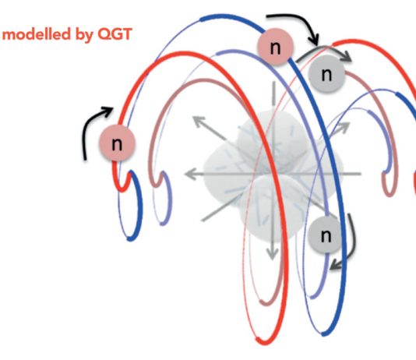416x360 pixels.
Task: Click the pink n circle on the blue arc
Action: coord(275,47)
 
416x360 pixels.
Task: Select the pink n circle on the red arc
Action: coord(117,143)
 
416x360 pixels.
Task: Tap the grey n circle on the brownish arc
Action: coord(326,74)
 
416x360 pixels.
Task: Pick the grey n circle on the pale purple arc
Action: coord(326,235)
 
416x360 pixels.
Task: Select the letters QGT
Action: coord(115,34)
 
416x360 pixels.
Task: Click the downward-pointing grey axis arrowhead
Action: coord(272,254)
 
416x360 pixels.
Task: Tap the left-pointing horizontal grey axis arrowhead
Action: coord(190,174)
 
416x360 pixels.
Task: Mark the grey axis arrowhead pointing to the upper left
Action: coord(198,122)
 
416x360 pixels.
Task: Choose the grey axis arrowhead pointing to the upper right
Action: coord(344,127)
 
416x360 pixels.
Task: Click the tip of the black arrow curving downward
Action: coord(316,44)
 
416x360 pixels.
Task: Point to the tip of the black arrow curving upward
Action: coord(113,108)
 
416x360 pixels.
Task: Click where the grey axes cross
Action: coord(273,174)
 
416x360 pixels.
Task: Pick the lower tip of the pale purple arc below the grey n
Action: coord(312,297)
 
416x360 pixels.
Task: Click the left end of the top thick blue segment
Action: coord(201,19)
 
